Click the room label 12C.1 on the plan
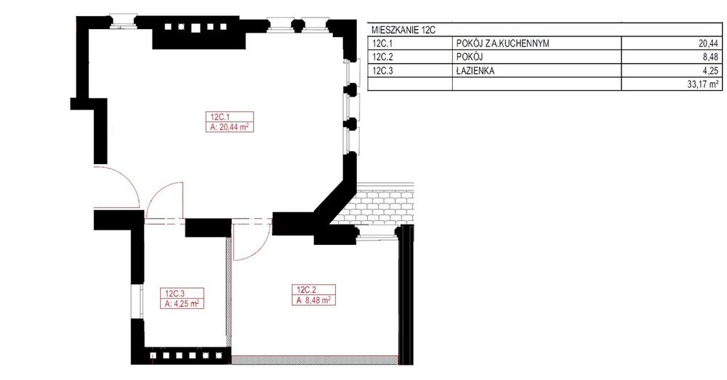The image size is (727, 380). [220, 117]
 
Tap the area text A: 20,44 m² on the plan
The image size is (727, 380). [230, 126]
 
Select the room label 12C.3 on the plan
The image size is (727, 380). [175, 294]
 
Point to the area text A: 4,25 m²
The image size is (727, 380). [182, 304]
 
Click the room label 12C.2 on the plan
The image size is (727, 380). [307, 290]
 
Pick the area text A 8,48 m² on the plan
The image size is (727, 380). [314, 300]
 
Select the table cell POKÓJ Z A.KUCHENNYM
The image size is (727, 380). [502, 44]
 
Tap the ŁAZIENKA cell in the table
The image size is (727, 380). [475, 71]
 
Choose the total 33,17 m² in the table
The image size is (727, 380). [702, 84]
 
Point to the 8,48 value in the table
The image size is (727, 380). [711, 57]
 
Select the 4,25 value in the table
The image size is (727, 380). [711, 71]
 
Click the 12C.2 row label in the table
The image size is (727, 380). [382, 57]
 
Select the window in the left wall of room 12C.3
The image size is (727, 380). [137, 301]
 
